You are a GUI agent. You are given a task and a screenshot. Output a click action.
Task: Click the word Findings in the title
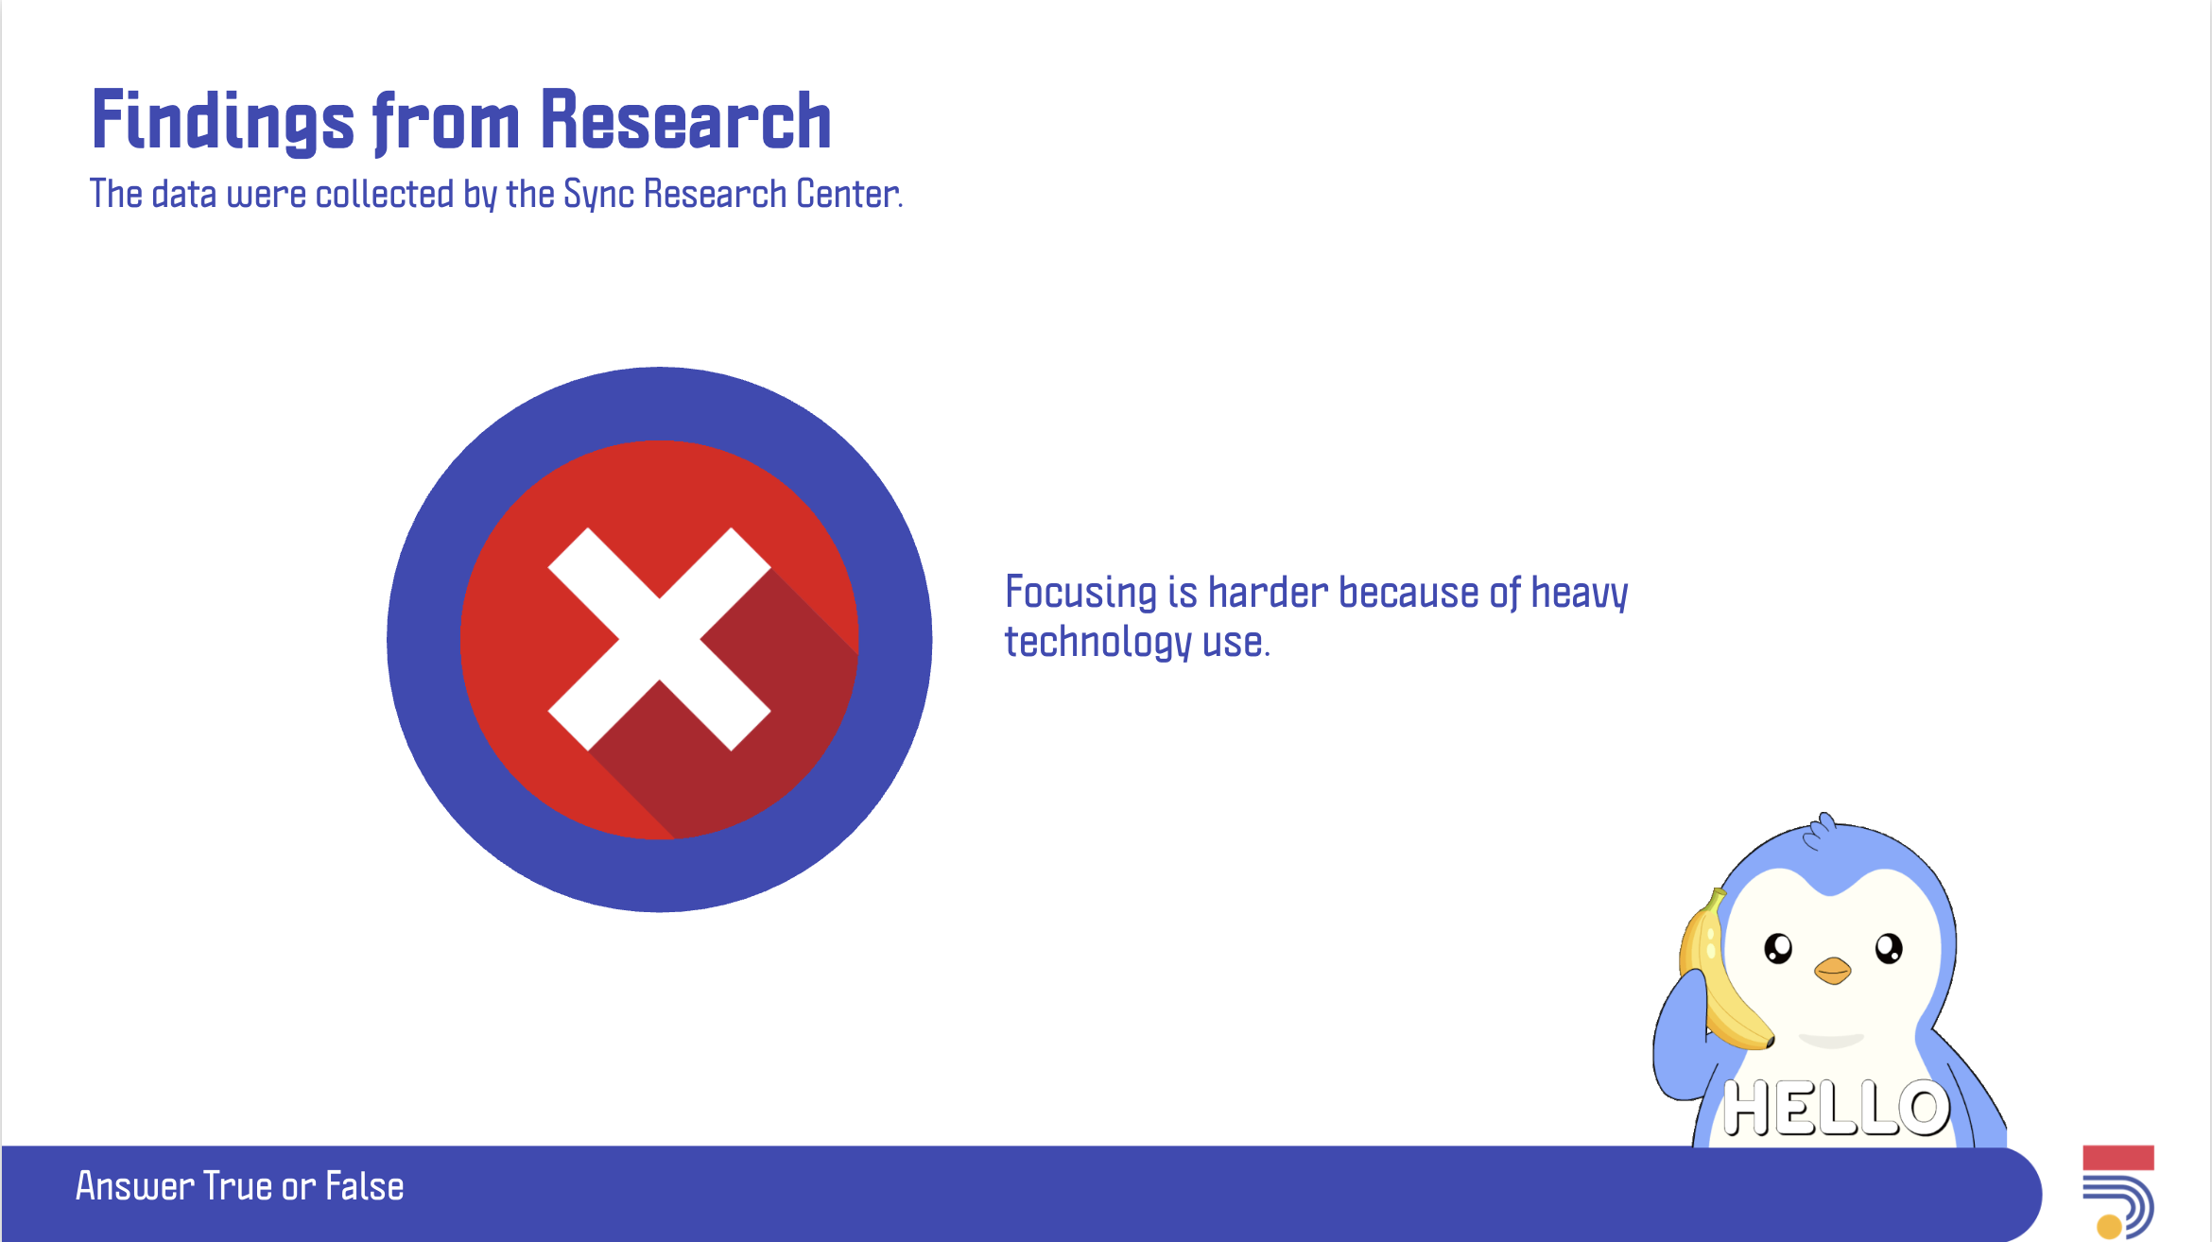click(x=223, y=120)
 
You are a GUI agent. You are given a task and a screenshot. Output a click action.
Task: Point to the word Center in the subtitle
click(x=847, y=194)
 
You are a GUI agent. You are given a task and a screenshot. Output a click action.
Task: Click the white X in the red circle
click(x=659, y=639)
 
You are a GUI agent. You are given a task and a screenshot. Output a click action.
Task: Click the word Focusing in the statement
click(x=1080, y=593)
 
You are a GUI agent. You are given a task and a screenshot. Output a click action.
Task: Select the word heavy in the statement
click(x=1580, y=594)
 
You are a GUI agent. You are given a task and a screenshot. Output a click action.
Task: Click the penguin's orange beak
click(x=1832, y=971)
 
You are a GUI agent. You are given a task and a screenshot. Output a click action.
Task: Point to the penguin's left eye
click(x=1778, y=948)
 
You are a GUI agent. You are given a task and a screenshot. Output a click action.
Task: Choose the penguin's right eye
click(x=1889, y=948)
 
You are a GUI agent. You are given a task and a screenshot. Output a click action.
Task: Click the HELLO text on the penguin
click(x=1835, y=1108)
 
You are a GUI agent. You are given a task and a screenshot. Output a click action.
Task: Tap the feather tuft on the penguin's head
click(x=1820, y=830)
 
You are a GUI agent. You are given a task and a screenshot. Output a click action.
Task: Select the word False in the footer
click(x=365, y=1186)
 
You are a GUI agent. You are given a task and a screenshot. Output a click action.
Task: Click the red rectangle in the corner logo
click(x=2118, y=1157)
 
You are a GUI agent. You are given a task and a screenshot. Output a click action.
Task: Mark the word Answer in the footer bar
click(x=134, y=1186)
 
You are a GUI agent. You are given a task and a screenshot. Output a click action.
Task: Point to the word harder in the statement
click(x=1269, y=593)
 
